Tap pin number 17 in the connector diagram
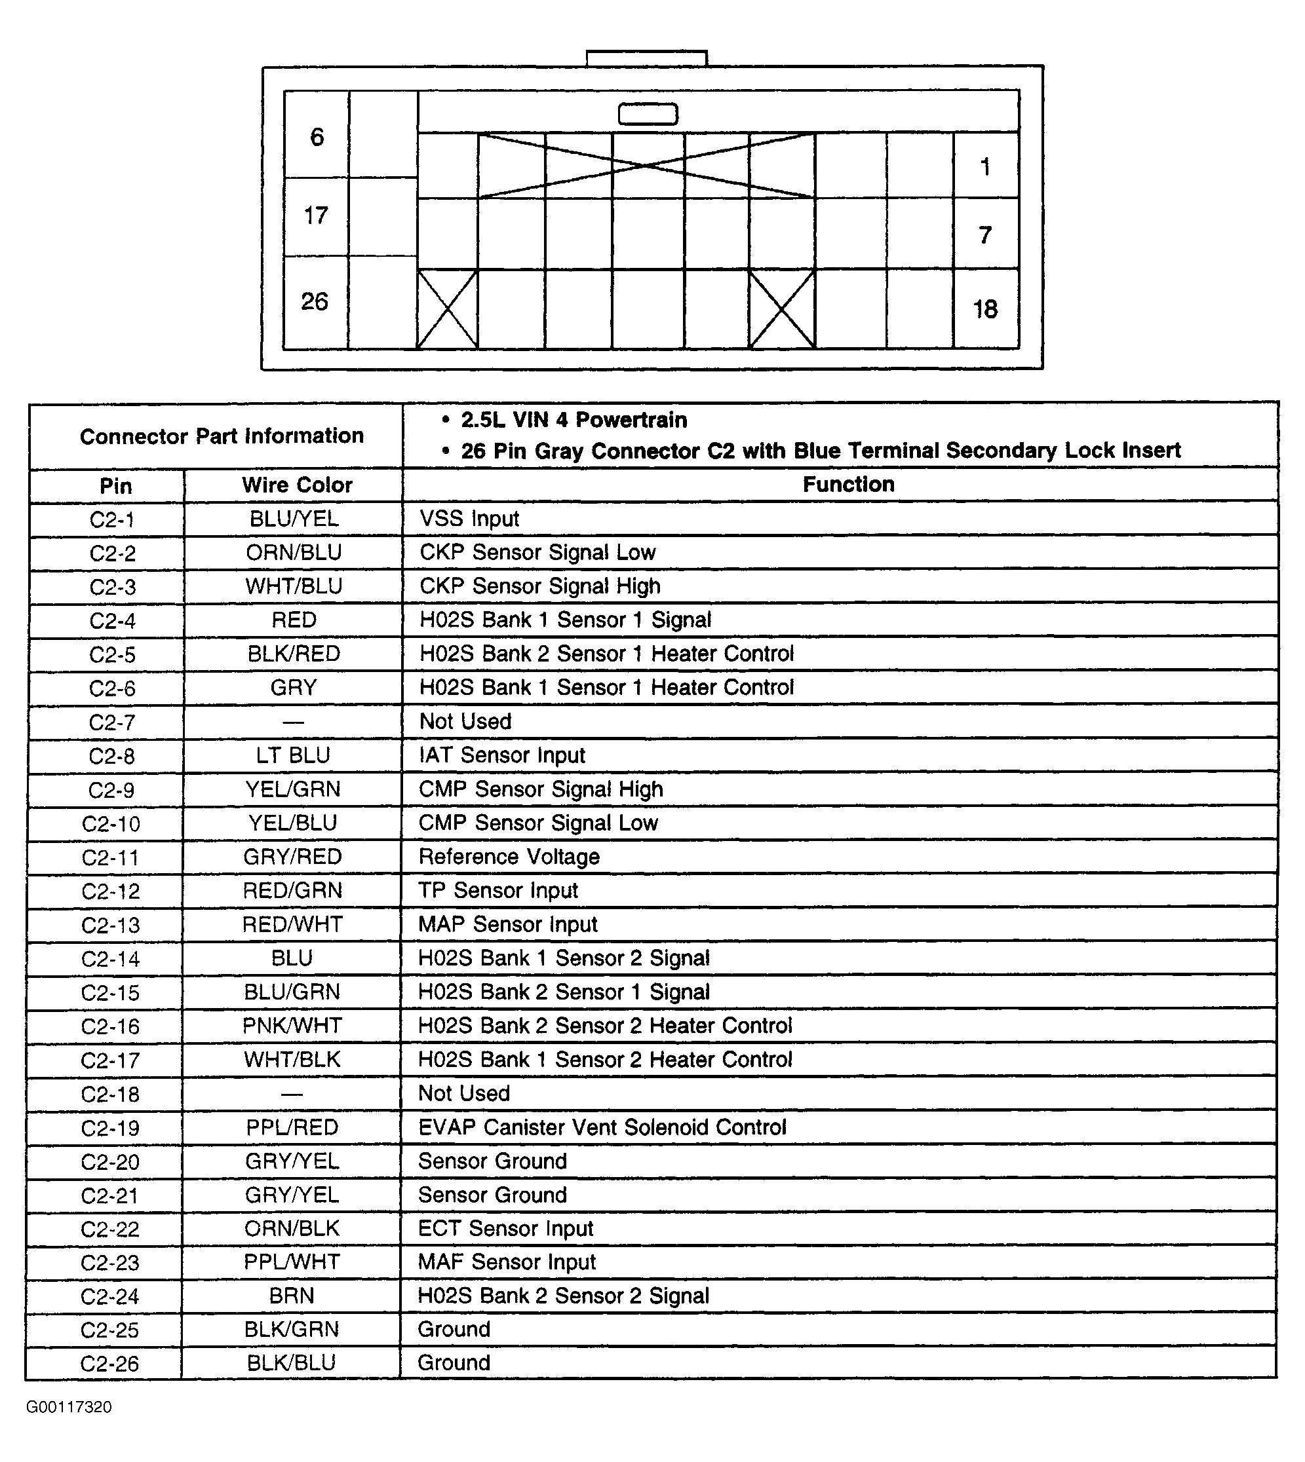[x=315, y=215]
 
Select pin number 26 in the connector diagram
[x=314, y=301]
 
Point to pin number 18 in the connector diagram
[x=985, y=309]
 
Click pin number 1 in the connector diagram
[x=985, y=167]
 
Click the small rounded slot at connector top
[x=648, y=114]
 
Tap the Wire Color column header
[x=297, y=485]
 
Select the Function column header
[x=848, y=485]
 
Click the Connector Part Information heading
[x=222, y=436]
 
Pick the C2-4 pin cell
[x=112, y=621]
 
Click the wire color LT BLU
[x=293, y=755]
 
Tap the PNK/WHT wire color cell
[x=292, y=1026]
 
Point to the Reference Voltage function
[x=509, y=856]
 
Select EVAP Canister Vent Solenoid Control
[x=602, y=1127]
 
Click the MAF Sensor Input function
[x=507, y=1262]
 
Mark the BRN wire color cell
[x=292, y=1296]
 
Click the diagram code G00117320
[x=69, y=1407]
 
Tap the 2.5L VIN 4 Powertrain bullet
[x=574, y=420]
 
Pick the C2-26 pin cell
[x=109, y=1363]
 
